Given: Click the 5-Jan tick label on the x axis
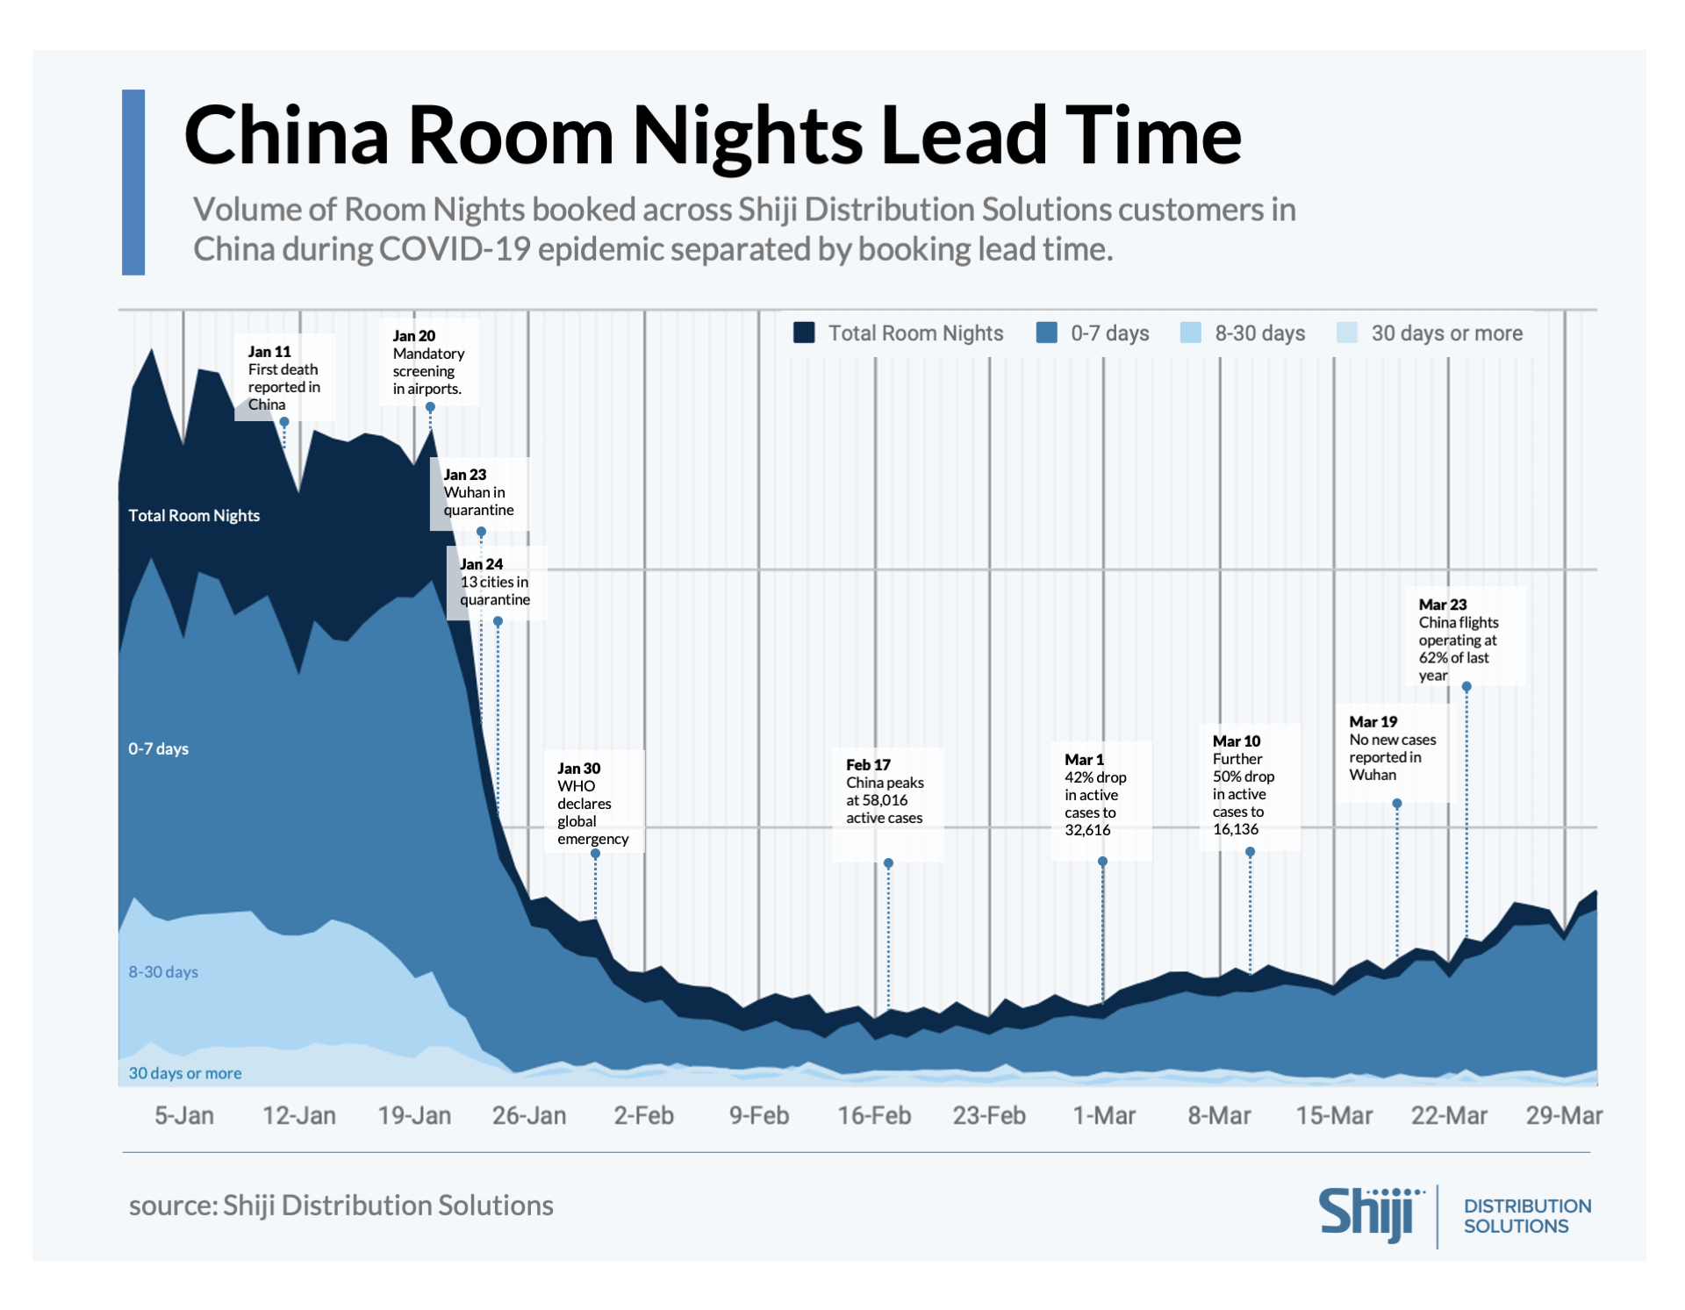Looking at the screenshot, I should click(184, 1115).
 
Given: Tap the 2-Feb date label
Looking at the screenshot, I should click(643, 1115).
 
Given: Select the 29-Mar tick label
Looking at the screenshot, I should click(1564, 1115).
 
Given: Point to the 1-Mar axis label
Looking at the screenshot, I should click(1104, 1115).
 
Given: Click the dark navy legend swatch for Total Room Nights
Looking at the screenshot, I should click(804, 333).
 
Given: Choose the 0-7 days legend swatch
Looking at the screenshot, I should click(1046, 333).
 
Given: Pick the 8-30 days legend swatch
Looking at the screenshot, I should click(1190, 333).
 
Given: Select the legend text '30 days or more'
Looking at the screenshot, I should click(1446, 333).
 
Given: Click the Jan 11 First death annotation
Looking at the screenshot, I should click(283, 377).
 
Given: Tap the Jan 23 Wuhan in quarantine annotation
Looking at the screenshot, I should click(478, 492).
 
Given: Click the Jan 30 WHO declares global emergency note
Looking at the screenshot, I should click(592, 803).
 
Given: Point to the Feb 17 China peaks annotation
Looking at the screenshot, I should click(884, 791).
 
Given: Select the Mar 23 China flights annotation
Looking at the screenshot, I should click(1458, 639).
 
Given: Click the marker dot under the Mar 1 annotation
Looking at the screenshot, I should click(1102, 862).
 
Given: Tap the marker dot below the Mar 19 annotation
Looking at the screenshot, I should click(1397, 804).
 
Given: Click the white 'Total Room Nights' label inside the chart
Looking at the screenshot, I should click(194, 515).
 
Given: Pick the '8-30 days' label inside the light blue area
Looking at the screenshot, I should click(163, 971).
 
